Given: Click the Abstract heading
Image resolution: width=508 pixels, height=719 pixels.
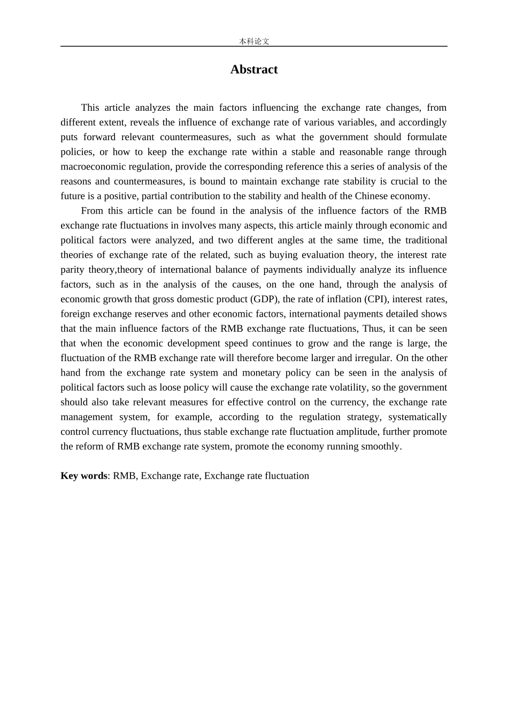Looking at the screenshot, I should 254,70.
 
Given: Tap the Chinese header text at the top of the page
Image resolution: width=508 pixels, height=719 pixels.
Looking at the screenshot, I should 254,41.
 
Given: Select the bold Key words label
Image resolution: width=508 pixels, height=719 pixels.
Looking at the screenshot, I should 84,476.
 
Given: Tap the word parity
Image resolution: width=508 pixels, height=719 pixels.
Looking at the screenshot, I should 72,270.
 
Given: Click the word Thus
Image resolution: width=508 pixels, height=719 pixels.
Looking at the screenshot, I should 373,328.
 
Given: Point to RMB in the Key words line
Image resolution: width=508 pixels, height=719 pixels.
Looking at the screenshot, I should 125,476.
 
